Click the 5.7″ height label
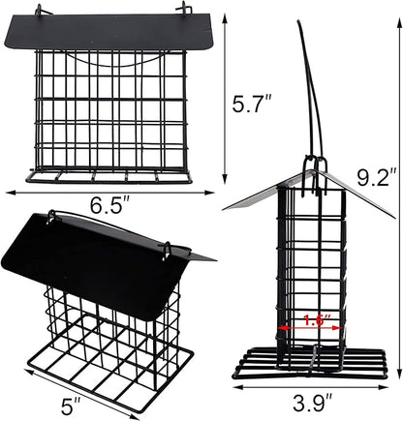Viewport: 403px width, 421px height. pos(238,104)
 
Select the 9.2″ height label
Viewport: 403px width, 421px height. pos(377,176)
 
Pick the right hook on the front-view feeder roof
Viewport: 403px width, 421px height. pos(180,13)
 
